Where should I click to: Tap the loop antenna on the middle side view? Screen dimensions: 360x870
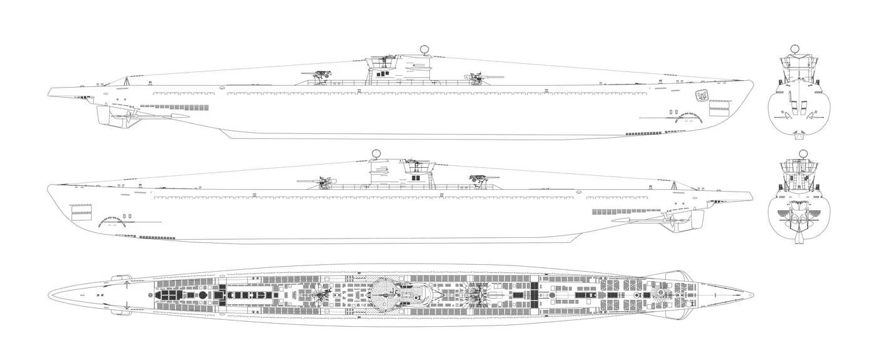coord(376,153)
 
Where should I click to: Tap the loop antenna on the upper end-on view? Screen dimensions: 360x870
coord(794,48)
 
